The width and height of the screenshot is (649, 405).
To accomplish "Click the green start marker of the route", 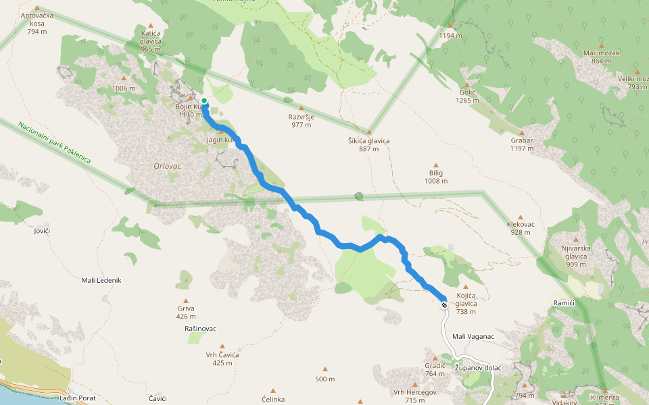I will coord(204,101).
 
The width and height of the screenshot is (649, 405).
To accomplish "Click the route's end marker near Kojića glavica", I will coord(444,305).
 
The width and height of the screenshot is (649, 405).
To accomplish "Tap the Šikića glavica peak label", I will coord(368,144).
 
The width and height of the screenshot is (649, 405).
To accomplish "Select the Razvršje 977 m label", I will coord(301,120).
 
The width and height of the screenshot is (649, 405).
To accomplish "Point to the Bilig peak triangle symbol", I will coord(436,165).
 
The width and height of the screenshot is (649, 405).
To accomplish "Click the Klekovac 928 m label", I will coord(521,228).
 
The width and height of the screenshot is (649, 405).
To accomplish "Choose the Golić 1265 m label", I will coord(468,96).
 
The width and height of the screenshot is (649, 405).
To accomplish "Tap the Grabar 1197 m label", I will coord(522,144).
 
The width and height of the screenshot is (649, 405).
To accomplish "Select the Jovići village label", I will coord(42,231).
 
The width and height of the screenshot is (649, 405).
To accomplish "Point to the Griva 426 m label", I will coord(186,313).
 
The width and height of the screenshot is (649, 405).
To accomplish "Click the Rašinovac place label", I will coord(200,329).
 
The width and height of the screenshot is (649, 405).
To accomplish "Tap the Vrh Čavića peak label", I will coord(223,358).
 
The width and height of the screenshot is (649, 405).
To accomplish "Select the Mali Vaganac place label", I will coord(473,336).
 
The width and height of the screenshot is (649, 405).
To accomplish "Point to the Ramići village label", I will coord(564,303).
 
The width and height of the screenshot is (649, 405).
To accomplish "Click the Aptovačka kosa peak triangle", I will coord(37,8).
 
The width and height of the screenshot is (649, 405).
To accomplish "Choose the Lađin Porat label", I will coord(78,398).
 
